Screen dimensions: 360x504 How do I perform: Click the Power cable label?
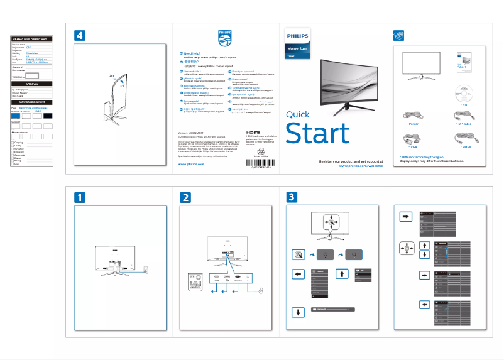coord(414,124)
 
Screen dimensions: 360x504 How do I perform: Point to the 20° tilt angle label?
coord(111,75)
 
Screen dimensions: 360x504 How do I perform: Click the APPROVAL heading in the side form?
coord(32,84)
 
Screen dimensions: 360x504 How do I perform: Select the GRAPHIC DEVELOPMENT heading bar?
coord(32,40)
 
